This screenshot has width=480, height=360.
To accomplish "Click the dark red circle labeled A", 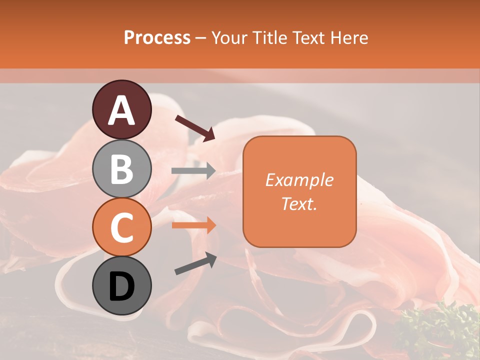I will tap(122, 109).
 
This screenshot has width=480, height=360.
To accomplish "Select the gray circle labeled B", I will tap(122, 168).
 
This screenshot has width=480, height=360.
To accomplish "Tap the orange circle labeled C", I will tap(122, 227).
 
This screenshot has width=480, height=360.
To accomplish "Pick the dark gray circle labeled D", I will tap(122, 285).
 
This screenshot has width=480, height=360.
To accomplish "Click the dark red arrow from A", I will tap(195, 128).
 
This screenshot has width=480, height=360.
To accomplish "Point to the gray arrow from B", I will tap(193, 171).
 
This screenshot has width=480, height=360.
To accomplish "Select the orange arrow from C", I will tap(193, 225).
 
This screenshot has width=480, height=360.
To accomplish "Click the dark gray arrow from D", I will tap(195, 263).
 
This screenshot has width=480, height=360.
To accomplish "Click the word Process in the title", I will tap(157, 37).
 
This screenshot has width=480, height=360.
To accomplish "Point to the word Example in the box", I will tap(299, 180).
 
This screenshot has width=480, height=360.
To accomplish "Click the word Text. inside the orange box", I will tap(299, 203).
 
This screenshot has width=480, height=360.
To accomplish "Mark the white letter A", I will tap(122, 110).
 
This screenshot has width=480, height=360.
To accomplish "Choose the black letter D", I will tap(122, 286).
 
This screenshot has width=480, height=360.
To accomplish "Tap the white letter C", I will tap(122, 227).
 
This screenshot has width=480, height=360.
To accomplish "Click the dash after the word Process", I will tap(201, 38).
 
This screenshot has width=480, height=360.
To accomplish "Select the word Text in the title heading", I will tap(309, 37).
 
